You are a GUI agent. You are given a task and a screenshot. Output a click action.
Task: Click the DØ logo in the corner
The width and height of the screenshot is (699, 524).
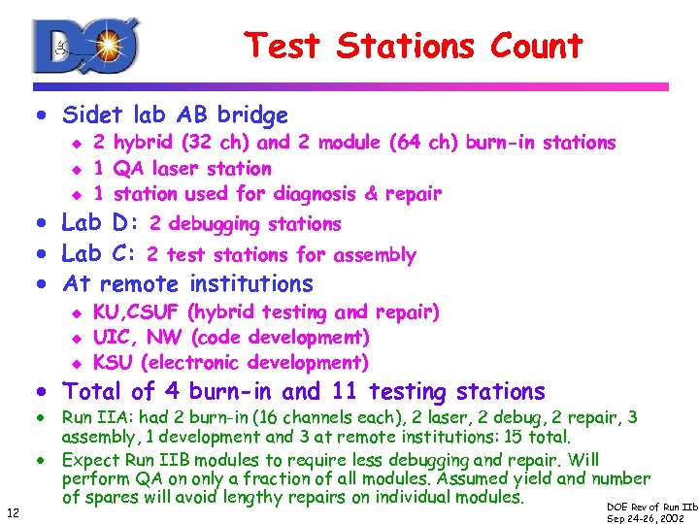pos(85,45)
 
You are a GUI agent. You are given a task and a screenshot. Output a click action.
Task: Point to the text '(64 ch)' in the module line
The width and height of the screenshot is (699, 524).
pos(424,143)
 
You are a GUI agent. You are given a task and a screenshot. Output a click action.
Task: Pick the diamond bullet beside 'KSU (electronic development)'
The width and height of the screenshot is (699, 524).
pos(77,364)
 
